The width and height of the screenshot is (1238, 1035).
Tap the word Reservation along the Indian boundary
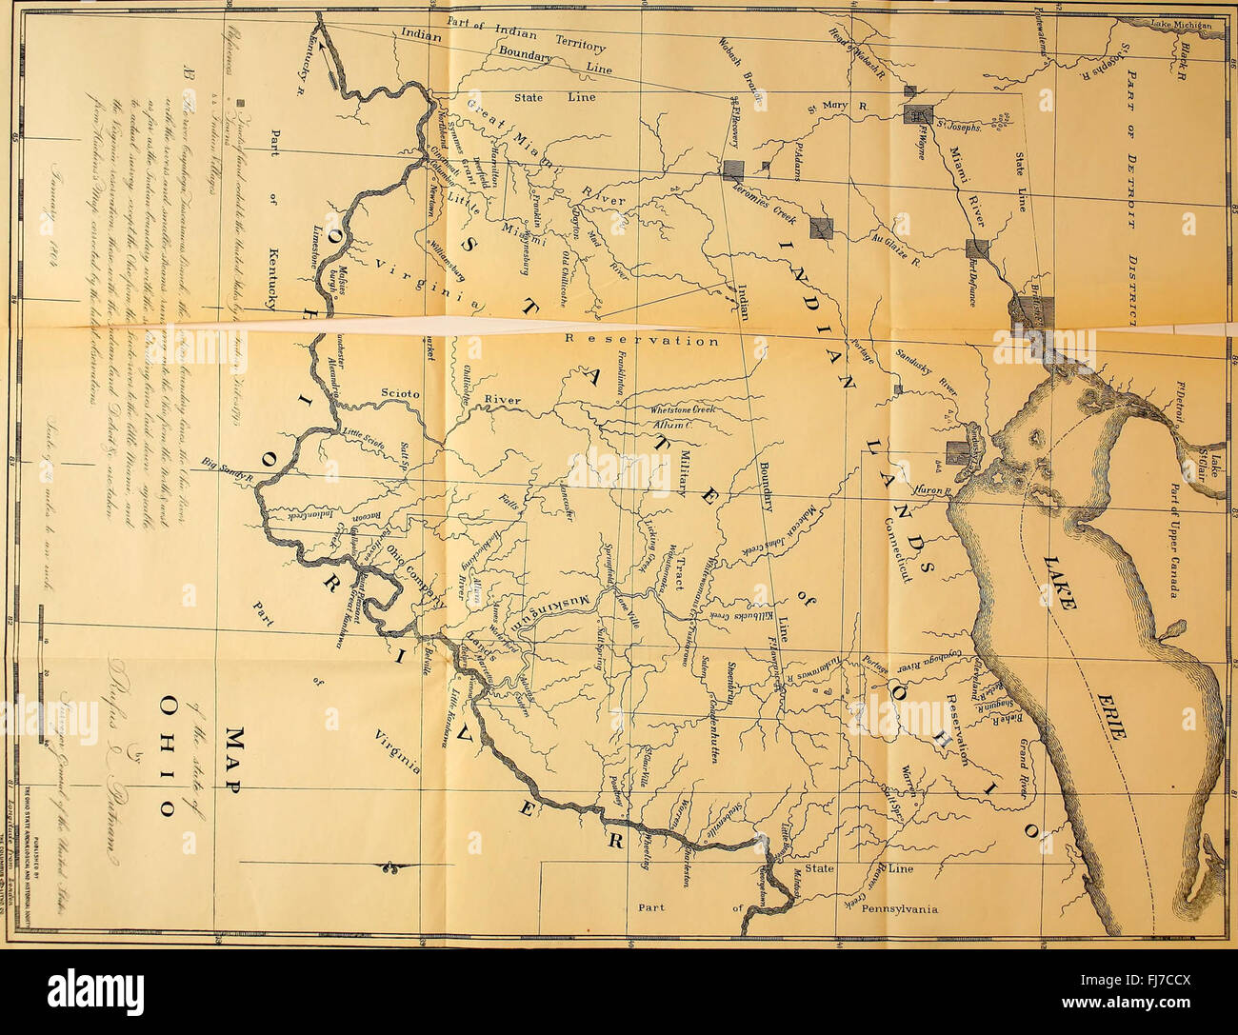click(x=642, y=339)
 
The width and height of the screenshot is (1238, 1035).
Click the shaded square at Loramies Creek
click(x=733, y=170)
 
